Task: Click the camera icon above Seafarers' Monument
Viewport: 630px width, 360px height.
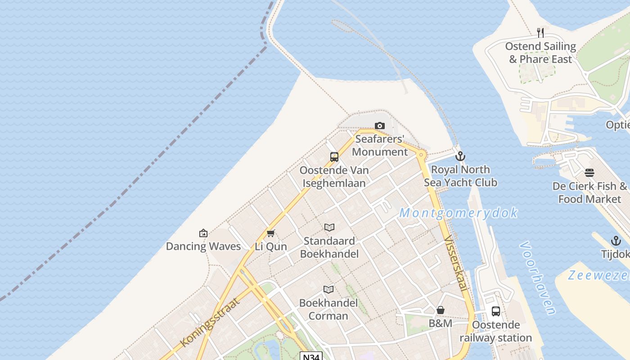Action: point(380,126)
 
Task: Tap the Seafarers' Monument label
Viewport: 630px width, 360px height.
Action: point(380,145)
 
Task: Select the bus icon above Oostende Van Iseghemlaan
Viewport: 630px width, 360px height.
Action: point(334,157)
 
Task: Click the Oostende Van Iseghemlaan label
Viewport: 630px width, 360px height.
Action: point(334,177)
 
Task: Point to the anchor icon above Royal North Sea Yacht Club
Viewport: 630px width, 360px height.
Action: point(460,157)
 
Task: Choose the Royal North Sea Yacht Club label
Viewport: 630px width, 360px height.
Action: point(460,176)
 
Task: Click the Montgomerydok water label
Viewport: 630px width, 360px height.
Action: point(458,213)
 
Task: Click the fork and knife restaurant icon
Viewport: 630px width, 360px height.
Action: point(540,33)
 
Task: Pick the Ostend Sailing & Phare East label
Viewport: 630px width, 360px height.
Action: point(540,53)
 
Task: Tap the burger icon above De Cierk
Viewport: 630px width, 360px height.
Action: point(589,173)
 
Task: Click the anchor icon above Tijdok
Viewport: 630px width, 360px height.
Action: point(616,241)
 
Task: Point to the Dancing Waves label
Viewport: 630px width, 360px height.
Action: point(203,246)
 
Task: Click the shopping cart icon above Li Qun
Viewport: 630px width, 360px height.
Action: point(270,233)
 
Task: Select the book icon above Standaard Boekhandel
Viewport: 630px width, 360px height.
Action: point(329,228)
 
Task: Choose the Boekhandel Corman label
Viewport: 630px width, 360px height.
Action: point(328,309)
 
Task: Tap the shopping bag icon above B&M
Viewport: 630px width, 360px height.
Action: point(441,310)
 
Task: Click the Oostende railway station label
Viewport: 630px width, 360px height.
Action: point(495,331)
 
